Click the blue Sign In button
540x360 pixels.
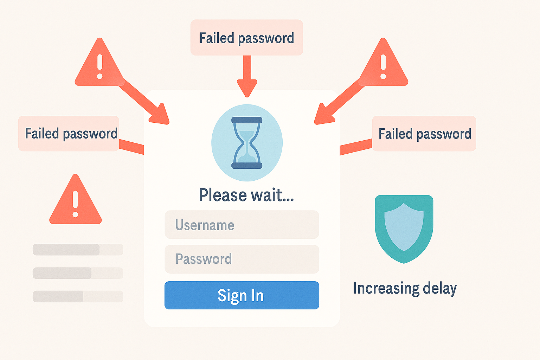point(242,295)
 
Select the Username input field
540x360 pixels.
point(242,225)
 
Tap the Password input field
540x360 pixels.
point(242,259)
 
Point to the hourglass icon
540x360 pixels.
point(247,143)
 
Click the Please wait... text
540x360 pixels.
point(246,195)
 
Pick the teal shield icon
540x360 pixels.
point(404,229)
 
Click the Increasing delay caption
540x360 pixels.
point(405,288)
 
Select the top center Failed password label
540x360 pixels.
point(246,38)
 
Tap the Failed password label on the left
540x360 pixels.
point(69,133)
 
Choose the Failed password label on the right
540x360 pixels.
point(424,133)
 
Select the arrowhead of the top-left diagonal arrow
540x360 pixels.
point(160,116)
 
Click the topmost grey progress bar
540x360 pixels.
point(78,250)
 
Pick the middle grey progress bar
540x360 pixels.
point(78,273)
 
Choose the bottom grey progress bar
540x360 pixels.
point(78,296)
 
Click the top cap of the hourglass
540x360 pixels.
point(247,120)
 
